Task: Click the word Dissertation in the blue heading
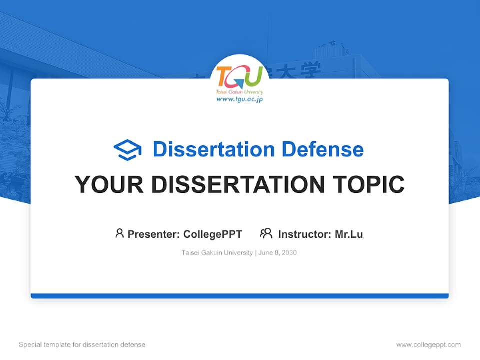click(x=214, y=149)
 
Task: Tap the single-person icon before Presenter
click(x=119, y=233)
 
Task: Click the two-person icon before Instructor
click(x=266, y=233)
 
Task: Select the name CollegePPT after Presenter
click(x=213, y=234)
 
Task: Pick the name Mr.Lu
click(x=349, y=234)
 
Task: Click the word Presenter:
click(x=154, y=234)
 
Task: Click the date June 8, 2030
click(x=278, y=253)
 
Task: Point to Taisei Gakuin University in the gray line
click(x=217, y=253)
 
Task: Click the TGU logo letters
click(x=240, y=76)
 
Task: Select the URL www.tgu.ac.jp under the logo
click(x=240, y=99)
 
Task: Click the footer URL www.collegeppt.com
click(x=428, y=345)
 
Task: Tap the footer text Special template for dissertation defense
click(x=82, y=345)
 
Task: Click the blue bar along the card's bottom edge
click(x=240, y=296)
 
